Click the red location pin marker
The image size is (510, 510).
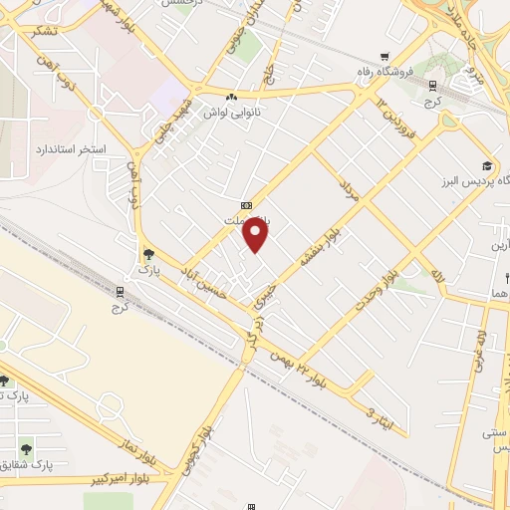click(257, 236)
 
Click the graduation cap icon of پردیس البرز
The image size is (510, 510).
click(487, 166)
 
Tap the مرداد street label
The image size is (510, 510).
click(350, 189)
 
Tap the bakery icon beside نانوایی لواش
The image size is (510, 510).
click(231, 98)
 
